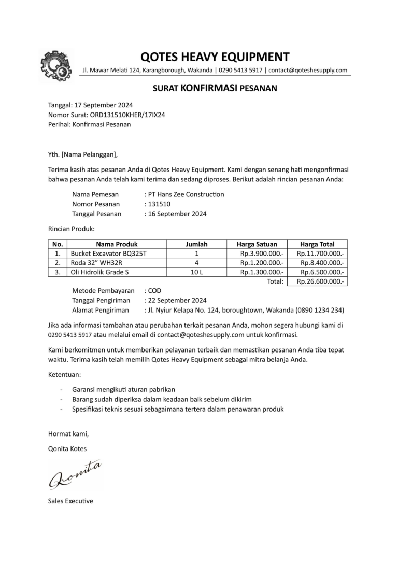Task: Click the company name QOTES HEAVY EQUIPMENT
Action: (215, 57)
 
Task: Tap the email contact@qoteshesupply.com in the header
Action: (308, 71)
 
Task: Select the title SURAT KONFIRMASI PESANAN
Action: (215, 89)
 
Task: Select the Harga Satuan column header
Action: (257, 244)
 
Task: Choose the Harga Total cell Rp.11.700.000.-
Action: (320, 254)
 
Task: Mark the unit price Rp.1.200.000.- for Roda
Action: (262, 263)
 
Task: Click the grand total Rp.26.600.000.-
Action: (320, 281)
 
